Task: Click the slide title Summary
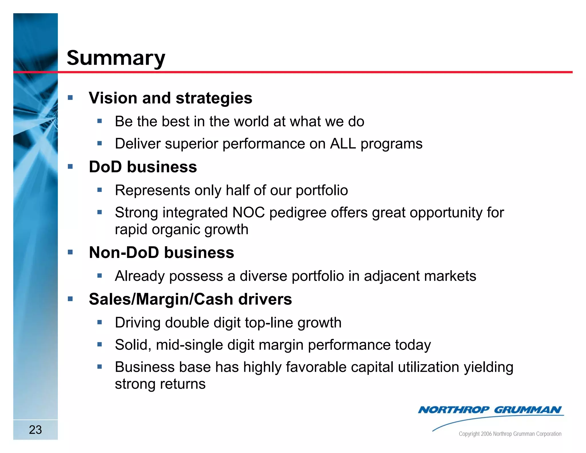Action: pos(116,58)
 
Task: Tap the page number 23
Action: pos(35,430)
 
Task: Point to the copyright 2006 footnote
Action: pos(510,434)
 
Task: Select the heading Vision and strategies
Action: pos(171,98)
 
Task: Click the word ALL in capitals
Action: pos(343,144)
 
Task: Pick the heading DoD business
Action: pos(143,167)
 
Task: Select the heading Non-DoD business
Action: pos(161,253)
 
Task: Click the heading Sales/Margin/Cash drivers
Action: pos(190,299)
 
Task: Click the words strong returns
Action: pos(160,384)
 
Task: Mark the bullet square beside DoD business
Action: pos(70,166)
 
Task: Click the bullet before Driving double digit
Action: pos(100,322)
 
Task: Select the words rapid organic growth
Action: pos(181,230)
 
